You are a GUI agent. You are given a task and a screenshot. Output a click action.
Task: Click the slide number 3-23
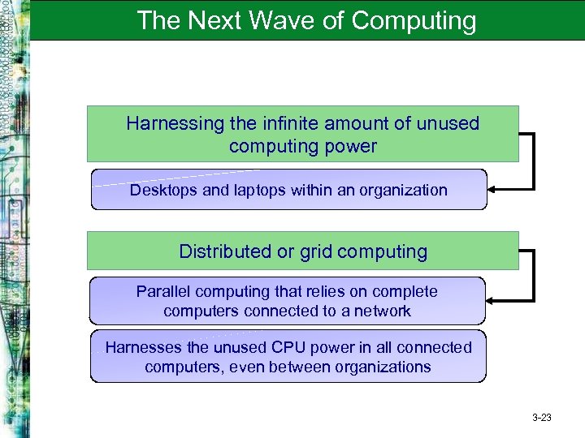pyautogui.click(x=541, y=418)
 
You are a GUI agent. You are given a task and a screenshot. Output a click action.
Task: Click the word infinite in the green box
pyautogui.click(x=289, y=123)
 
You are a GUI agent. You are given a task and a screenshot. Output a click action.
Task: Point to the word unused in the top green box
pyautogui.click(x=448, y=123)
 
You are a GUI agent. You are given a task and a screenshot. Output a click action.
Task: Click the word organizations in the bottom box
pyautogui.click(x=383, y=367)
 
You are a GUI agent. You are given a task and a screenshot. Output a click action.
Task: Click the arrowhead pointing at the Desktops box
pyautogui.click(x=493, y=190)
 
